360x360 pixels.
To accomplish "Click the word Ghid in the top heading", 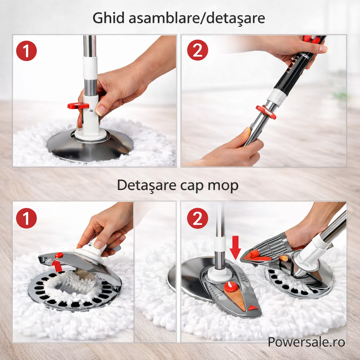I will (x=109, y=18).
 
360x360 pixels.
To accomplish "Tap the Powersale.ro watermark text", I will (x=306, y=341).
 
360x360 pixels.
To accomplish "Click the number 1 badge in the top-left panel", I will (x=26, y=51).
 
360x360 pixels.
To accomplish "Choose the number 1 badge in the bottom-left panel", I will (x=26, y=218).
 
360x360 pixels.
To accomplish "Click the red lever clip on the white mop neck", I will (x=78, y=105).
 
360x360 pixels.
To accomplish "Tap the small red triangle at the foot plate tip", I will (x=252, y=308).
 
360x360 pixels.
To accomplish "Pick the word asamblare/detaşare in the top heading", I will (x=197, y=18).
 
